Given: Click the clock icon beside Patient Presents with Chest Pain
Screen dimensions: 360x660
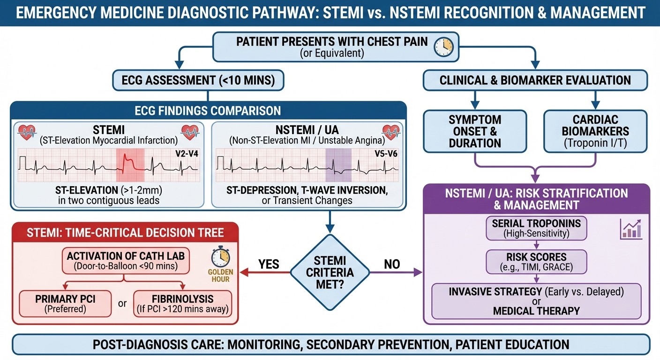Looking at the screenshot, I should point(443,46).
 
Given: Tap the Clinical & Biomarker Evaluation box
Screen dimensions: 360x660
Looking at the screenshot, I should point(535,81).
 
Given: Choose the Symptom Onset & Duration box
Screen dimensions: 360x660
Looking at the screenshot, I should point(475,131).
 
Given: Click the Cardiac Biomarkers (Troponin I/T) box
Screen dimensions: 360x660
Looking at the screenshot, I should point(595,131).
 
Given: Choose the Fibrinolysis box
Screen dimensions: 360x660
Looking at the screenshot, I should point(183,304).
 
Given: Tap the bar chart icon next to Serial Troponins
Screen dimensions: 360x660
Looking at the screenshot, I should point(630,229).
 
